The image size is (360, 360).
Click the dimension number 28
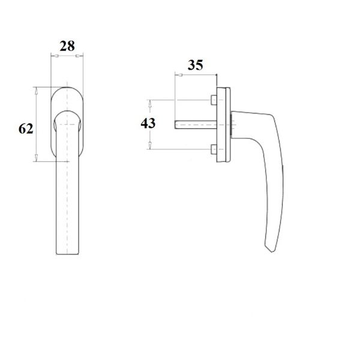click(x=67, y=46)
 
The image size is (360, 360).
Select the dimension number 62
click(x=26, y=128)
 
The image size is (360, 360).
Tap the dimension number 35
click(x=196, y=65)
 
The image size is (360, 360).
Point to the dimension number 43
click(x=148, y=123)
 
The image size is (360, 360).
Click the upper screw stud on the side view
click(x=214, y=100)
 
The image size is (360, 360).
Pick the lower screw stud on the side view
click(x=214, y=149)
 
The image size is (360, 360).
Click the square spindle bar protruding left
click(x=196, y=125)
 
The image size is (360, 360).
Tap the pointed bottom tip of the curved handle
click(x=272, y=252)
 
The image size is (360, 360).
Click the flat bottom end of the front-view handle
click(x=67, y=254)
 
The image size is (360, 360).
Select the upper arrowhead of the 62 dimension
click(x=36, y=91)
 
